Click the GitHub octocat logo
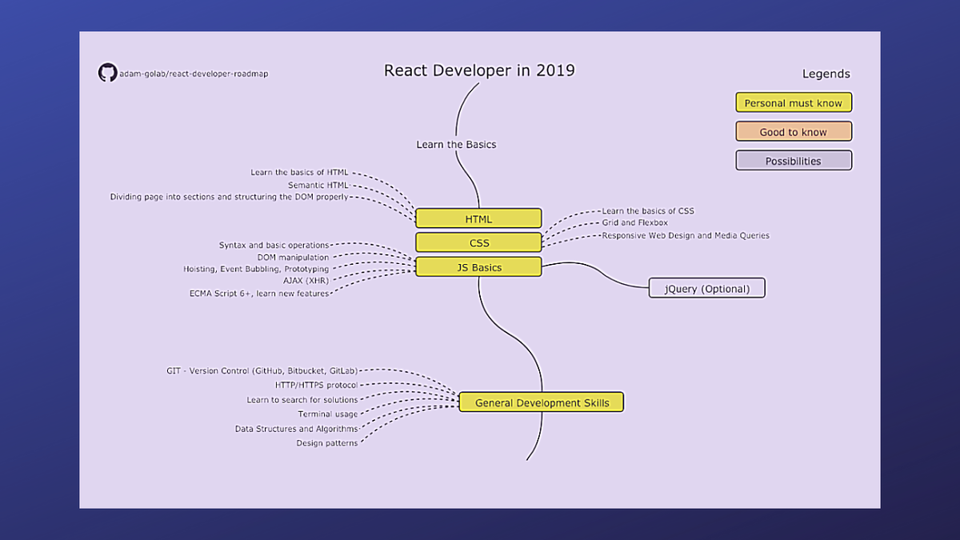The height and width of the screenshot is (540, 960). click(107, 73)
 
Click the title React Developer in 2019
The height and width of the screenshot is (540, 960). click(479, 70)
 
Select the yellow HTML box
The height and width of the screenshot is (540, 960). click(478, 218)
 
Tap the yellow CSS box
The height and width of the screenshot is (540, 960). click(478, 242)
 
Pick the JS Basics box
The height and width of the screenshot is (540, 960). click(478, 267)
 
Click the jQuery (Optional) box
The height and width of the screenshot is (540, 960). click(707, 288)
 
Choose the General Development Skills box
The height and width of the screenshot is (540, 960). click(542, 402)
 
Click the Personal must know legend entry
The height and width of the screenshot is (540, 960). click(794, 102)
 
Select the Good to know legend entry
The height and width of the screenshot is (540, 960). click(794, 131)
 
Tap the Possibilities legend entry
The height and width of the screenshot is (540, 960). click(794, 161)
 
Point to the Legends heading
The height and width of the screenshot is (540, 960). click(826, 74)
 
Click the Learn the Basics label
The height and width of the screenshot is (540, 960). click(457, 145)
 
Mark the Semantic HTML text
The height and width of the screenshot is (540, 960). click(318, 185)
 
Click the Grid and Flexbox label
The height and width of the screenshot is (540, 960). click(634, 222)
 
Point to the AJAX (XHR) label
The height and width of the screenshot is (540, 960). click(306, 281)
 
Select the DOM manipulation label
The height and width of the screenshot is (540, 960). click(293, 257)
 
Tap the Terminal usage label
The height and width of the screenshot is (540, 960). click(328, 414)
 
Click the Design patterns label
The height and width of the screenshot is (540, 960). click(327, 443)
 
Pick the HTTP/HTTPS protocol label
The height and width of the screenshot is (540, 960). click(316, 385)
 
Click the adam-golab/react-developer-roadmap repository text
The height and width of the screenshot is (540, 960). click(194, 74)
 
